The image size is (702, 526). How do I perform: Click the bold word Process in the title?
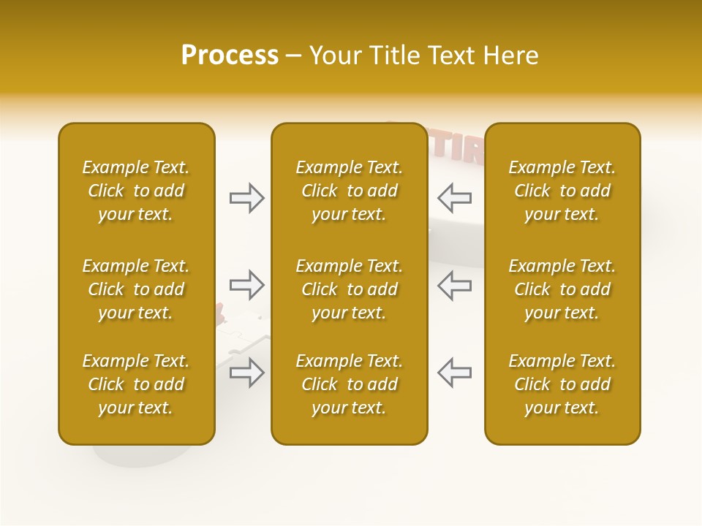pyautogui.click(x=230, y=56)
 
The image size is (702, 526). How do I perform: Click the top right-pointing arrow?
pyautogui.click(x=247, y=197)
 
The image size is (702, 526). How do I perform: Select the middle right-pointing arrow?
pyautogui.click(x=247, y=285)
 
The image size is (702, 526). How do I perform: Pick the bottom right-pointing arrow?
pyautogui.click(x=247, y=373)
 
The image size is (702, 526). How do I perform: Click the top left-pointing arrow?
pyautogui.click(x=454, y=197)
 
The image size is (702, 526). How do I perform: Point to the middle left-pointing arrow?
pyautogui.click(x=454, y=285)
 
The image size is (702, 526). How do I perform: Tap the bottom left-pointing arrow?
pyautogui.click(x=454, y=373)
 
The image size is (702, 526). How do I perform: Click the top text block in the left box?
pyautogui.click(x=136, y=191)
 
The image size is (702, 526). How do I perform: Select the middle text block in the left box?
pyautogui.click(x=136, y=289)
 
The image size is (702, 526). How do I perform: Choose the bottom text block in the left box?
pyautogui.click(x=136, y=384)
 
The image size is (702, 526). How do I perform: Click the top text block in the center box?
pyautogui.click(x=349, y=191)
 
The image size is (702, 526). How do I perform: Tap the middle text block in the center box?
pyautogui.click(x=349, y=289)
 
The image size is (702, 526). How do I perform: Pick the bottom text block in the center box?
pyautogui.click(x=349, y=384)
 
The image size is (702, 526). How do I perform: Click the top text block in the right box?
pyautogui.click(x=562, y=191)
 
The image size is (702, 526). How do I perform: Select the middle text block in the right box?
pyautogui.click(x=562, y=289)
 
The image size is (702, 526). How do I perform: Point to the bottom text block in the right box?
pyautogui.click(x=562, y=384)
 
